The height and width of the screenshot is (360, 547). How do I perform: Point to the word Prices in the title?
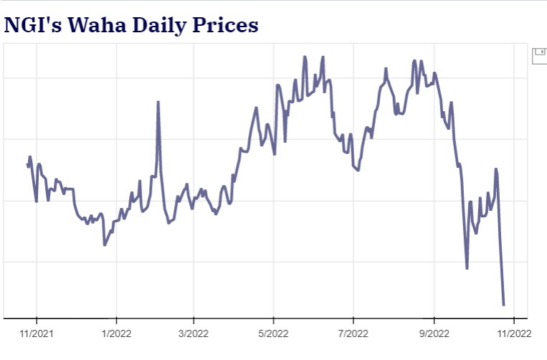(x=223, y=25)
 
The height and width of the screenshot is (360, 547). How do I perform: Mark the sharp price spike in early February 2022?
(x=158, y=102)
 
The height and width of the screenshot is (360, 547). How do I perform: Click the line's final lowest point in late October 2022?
(x=503, y=305)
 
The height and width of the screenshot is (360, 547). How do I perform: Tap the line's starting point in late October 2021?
(x=27, y=166)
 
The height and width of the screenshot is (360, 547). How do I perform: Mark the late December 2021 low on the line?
(x=105, y=245)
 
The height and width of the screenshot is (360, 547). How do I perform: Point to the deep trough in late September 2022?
(x=467, y=268)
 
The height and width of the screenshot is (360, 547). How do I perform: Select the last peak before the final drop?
(x=495, y=169)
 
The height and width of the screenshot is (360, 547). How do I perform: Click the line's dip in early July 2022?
(x=358, y=170)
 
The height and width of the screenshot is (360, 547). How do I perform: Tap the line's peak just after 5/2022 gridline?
(x=277, y=85)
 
